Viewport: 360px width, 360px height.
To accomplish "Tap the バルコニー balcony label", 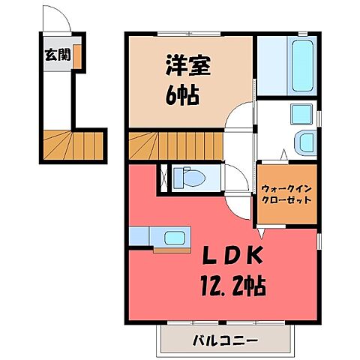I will tap(222, 340).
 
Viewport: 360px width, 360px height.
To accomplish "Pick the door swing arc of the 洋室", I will tap(240, 120).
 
